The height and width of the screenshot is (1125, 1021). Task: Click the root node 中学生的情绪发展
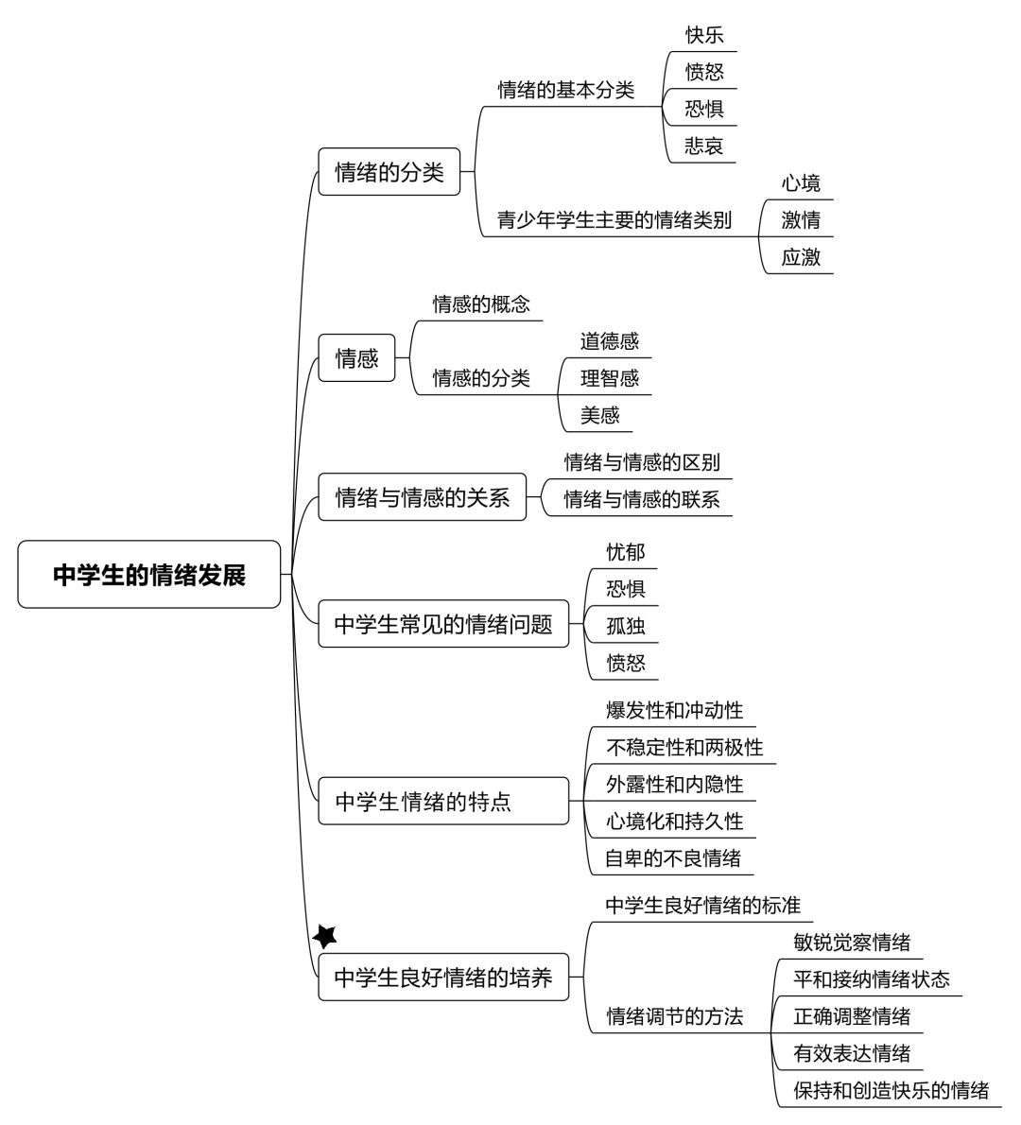[x=149, y=575]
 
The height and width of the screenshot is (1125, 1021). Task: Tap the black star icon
[x=325, y=936]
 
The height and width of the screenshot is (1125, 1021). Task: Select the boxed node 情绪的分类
[x=389, y=172]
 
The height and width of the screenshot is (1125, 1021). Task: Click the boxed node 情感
[x=356, y=358]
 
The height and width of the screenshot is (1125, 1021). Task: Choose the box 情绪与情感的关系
[x=422, y=497]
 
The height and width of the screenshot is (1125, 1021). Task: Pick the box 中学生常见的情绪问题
[x=443, y=624]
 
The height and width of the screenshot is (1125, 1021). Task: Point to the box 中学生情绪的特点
[x=443, y=802]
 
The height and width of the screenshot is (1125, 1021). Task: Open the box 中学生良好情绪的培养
[x=443, y=978]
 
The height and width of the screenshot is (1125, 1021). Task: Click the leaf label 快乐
[x=704, y=35]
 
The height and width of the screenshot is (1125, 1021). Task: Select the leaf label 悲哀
[x=704, y=147]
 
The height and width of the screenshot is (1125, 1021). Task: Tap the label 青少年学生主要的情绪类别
[x=614, y=220]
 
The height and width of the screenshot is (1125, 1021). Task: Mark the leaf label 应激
[x=801, y=257]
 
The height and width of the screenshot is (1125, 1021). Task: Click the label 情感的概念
[x=481, y=304]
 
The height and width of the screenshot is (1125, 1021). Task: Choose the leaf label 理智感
[x=609, y=378]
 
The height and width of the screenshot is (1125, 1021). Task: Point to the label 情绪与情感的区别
[x=642, y=463]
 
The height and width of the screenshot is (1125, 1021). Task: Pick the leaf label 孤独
[x=626, y=627]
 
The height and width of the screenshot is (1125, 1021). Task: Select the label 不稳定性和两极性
[x=684, y=748]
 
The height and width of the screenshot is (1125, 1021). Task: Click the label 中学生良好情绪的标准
[x=703, y=906]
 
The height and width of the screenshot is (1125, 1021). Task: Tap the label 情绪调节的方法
[x=674, y=1016]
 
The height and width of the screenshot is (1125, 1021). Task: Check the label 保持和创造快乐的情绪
[x=891, y=1091]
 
